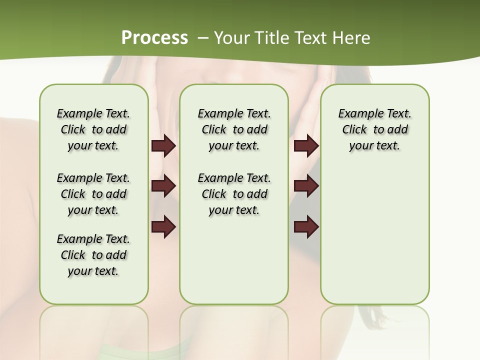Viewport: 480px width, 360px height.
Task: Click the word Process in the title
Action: point(154,37)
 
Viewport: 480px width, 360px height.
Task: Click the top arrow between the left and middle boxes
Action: point(163,146)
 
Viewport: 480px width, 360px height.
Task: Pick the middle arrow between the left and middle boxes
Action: point(163,186)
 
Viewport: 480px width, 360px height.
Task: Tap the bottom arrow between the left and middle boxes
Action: point(163,227)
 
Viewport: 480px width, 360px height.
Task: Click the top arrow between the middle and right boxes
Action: point(306,146)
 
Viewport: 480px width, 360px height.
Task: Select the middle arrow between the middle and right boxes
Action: point(306,186)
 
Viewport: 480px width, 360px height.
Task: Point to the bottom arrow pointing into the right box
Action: point(306,227)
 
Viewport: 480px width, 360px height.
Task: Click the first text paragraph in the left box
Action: point(93,129)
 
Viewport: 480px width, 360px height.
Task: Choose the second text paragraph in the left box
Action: point(93,194)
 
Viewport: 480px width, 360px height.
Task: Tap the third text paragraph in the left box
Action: point(93,255)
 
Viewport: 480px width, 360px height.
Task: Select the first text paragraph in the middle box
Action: point(234,129)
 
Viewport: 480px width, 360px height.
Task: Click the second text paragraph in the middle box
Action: point(234,194)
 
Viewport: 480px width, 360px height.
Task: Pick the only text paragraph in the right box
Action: point(374,129)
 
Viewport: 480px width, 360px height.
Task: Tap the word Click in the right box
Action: point(354,130)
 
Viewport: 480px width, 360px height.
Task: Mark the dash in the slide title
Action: point(203,37)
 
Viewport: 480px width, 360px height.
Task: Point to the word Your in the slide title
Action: point(231,37)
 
